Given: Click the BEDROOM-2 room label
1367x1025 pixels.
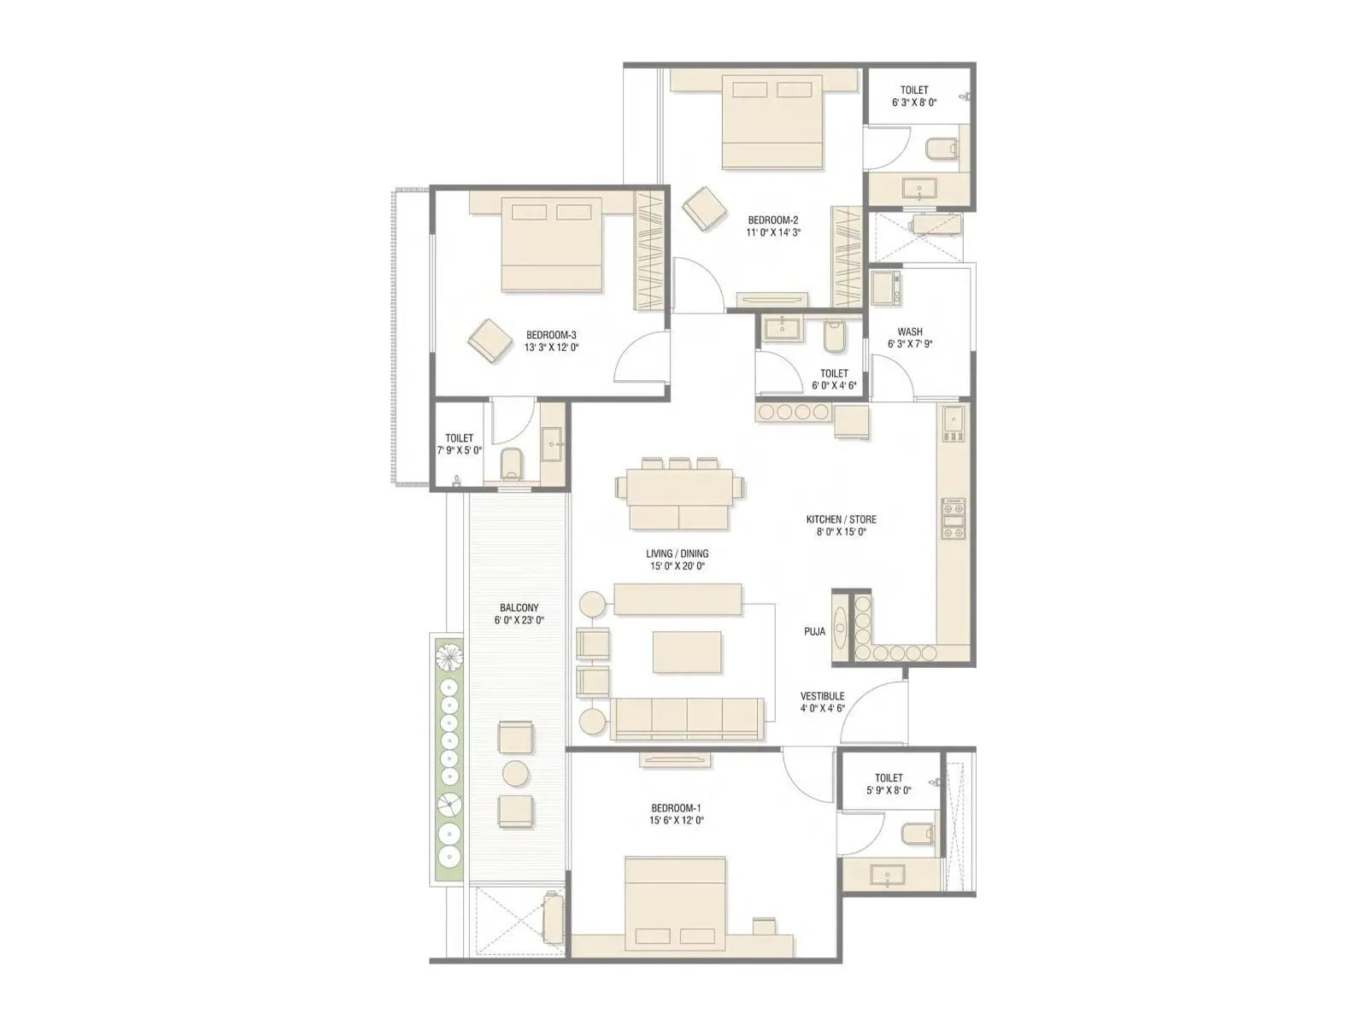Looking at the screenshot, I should [x=772, y=220].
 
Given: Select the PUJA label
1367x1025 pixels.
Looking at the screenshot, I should [x=814, y=632].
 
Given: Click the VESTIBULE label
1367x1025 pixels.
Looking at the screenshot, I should [x=822, y=696].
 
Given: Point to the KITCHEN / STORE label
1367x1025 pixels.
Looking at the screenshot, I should [x=841, y=519].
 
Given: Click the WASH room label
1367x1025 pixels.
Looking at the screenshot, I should [x=909, y=332].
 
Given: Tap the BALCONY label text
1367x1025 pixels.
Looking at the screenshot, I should [x=519, y=608].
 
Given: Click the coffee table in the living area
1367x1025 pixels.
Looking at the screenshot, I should [x=687, y=652].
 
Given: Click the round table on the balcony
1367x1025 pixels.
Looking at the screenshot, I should [x=516, y=773].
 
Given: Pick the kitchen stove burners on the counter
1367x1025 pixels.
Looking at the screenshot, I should [x=953, y=518].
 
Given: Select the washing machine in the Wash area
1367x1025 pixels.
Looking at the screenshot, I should [x=884, y=289].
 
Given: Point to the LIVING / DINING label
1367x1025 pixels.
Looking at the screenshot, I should [x=677, y=553].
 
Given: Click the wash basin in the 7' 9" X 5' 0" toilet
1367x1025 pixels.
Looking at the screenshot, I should [x=552, y=443].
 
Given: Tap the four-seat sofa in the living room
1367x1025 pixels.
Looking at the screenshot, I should [x=686, y=718].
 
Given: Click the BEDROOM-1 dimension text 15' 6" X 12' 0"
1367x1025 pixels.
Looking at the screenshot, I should [x=677, y=820].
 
